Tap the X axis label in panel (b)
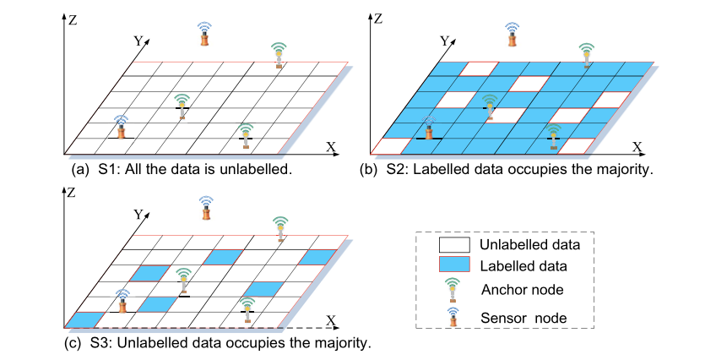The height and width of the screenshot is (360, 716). coord(637,146)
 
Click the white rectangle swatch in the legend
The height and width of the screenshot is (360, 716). coord(453,246)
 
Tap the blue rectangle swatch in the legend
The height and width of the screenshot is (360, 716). coord(453,266)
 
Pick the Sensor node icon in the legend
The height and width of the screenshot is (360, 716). coord(453,316)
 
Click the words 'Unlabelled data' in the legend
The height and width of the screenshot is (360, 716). coord(529,246)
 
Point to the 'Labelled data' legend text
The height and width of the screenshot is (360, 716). coord(523,266)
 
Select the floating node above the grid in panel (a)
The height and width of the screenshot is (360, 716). coord(203,34)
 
